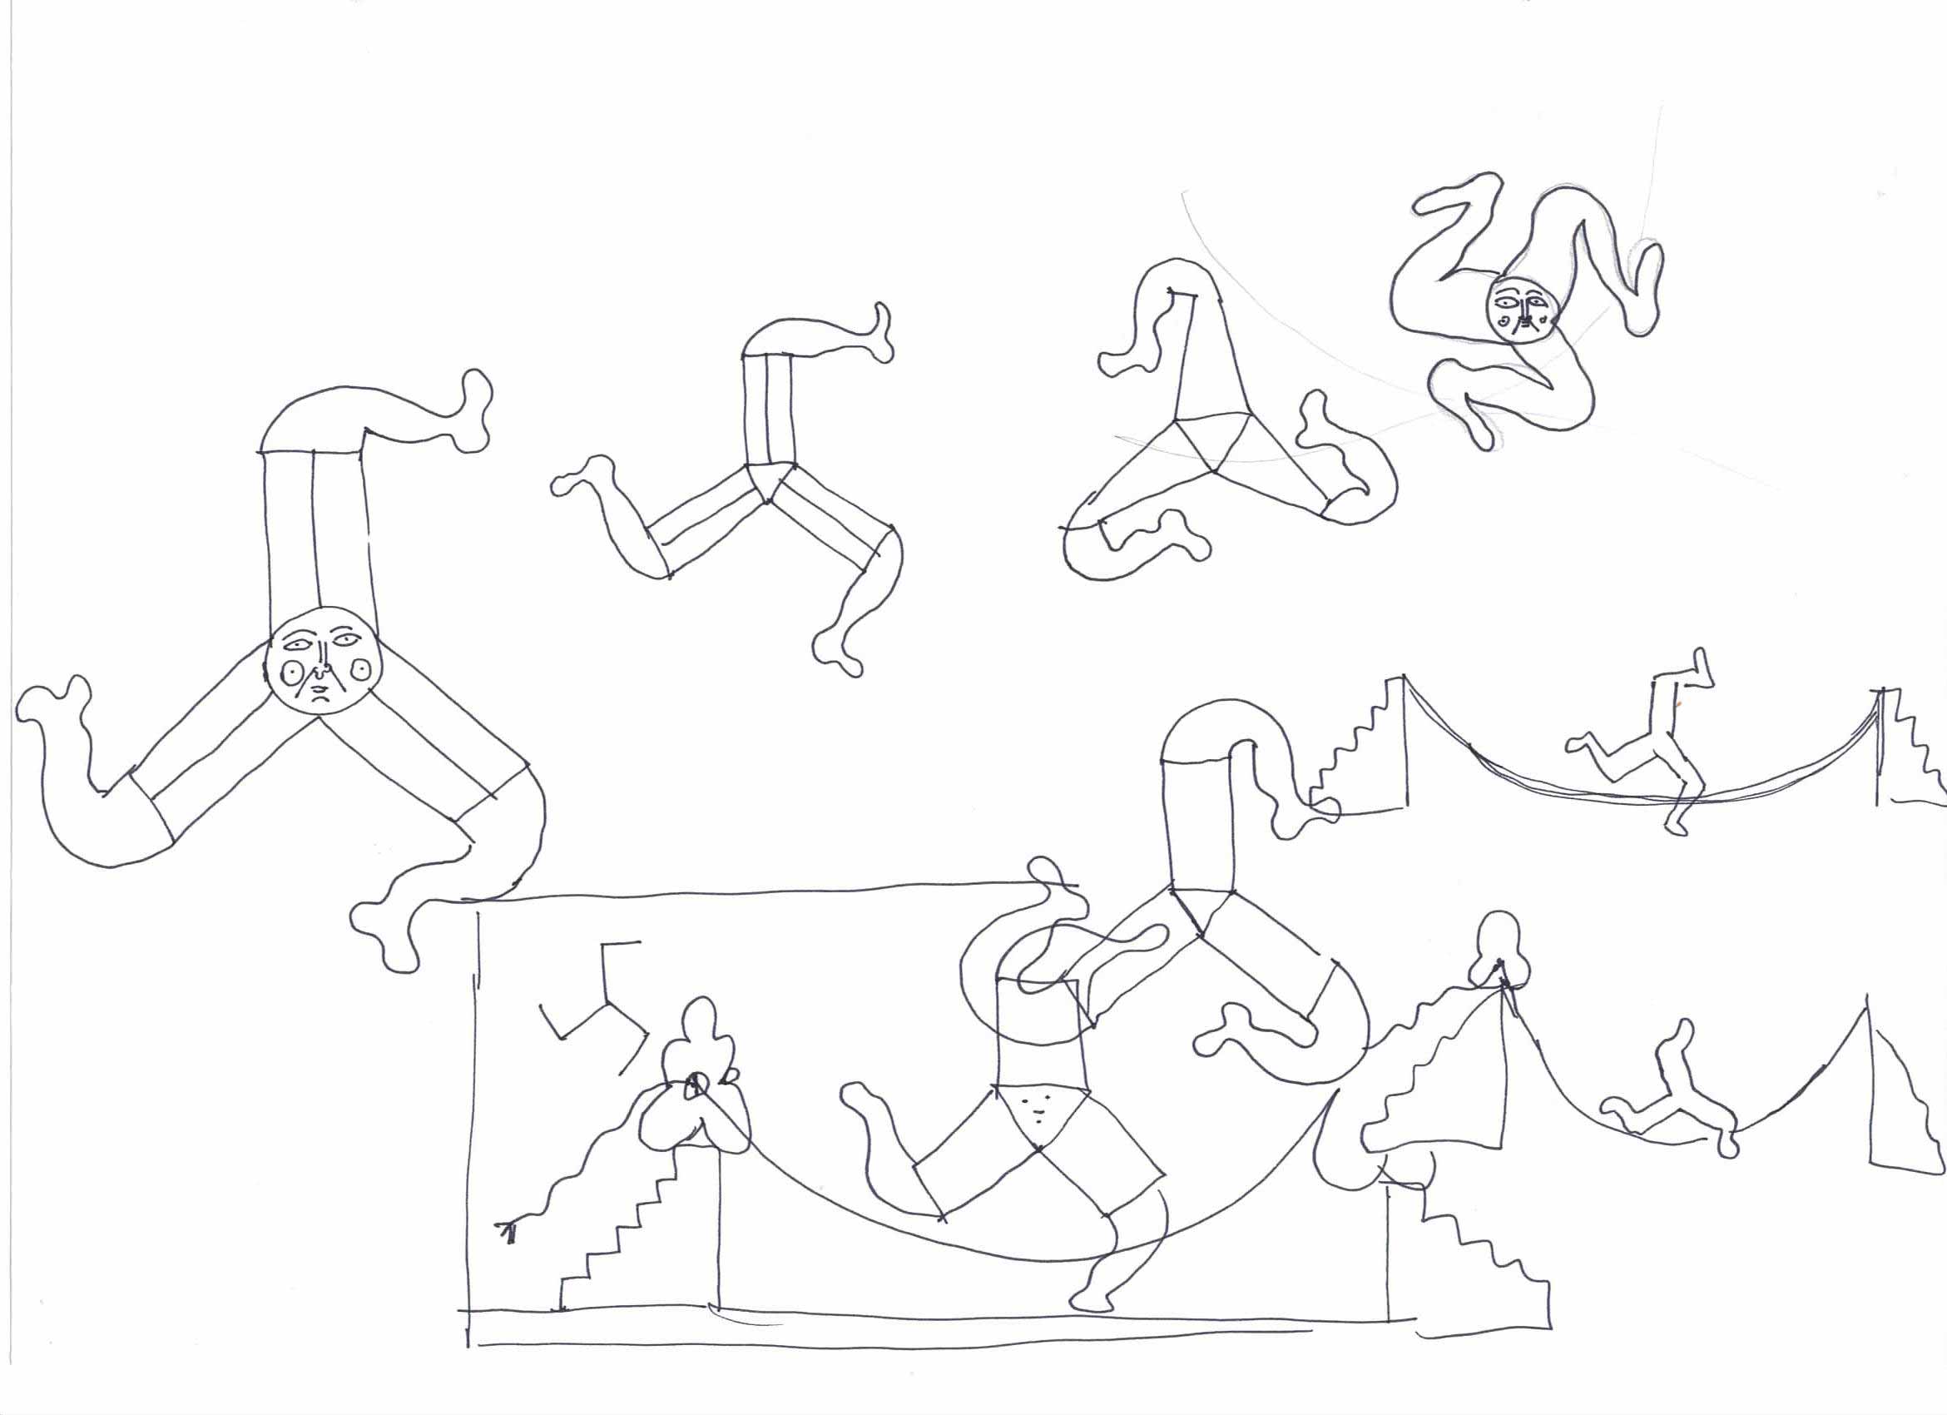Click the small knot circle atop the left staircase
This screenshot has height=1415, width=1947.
696,1087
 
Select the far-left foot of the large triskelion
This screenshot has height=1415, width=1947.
52,706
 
